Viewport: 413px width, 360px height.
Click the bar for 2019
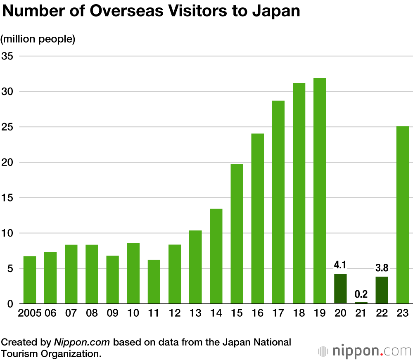(x=320, y=191)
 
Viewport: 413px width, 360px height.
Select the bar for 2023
(x=402, y=215)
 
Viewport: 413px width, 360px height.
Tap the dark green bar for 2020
(x=340, y=289)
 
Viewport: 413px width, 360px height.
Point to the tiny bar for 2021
(x=361, y=303)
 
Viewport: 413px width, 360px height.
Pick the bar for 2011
(x=154, y=282)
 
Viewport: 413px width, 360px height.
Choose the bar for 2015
(x=237, y=234)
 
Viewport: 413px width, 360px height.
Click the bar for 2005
(x=30, y=280)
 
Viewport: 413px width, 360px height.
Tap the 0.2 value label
(x=361, y=294)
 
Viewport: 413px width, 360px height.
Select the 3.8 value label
(x=382, y=268)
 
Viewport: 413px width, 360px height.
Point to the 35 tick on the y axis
(x=7, y=56)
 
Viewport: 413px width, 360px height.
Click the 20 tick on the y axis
(x=7, y=162)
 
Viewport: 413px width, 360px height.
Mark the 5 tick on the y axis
(x=10, y=269)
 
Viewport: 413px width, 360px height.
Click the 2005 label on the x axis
(x=30, y=313)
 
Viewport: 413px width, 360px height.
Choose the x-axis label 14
(x=216, y=313)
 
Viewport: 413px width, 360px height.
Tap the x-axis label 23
(x=402, y=313)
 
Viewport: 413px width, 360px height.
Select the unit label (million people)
(x=38, y=39)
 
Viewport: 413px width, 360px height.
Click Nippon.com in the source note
(x=82, y=342)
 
